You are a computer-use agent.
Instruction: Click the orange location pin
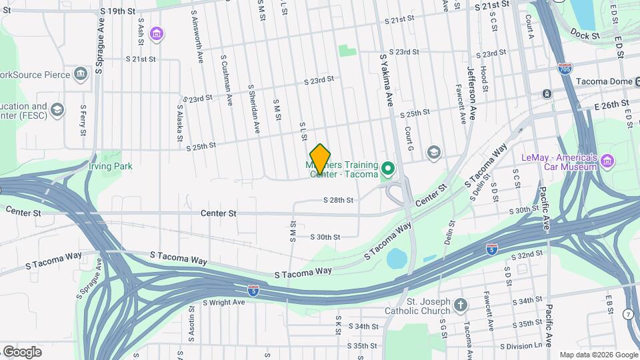(x=320, y=159)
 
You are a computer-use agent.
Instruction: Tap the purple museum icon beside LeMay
(x=607, y=161)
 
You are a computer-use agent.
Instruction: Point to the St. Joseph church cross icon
(x=460, y=305)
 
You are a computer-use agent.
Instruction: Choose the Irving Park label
(x=111, y=166)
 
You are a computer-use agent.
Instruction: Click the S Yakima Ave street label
(x=387, y=79)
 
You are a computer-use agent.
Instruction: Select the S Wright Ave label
(x=223, y=302)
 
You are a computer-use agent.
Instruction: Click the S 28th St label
(x=338, y=200)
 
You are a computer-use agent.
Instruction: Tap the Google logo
(x=22, y=351)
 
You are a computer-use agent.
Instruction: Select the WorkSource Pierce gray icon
(x=81, y=73)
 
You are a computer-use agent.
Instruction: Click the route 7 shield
(x=628, y=313)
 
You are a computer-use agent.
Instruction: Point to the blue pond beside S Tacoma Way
(x=396, y=258)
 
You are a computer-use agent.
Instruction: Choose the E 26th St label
(x=607, y=105)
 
